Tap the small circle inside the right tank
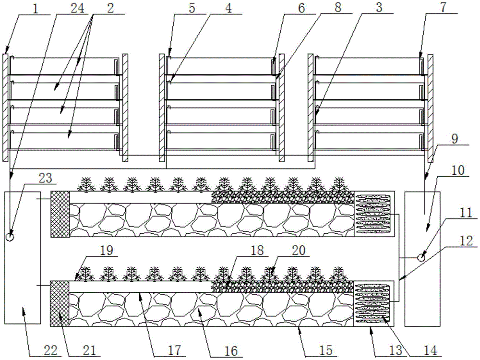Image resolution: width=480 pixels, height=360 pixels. pos(421,258)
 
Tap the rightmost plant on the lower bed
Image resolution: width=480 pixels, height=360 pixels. pos(339,274)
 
